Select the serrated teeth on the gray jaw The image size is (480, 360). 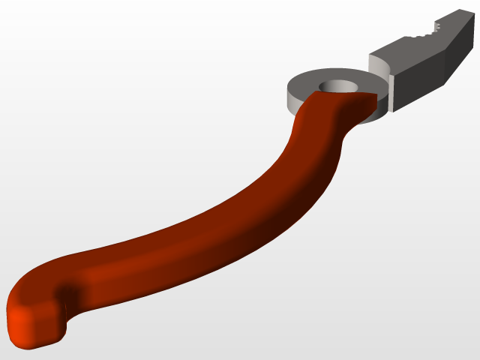pyautogui.click(x=424, y=33)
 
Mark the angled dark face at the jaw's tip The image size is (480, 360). pyautogui.click(x=458, y=52)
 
